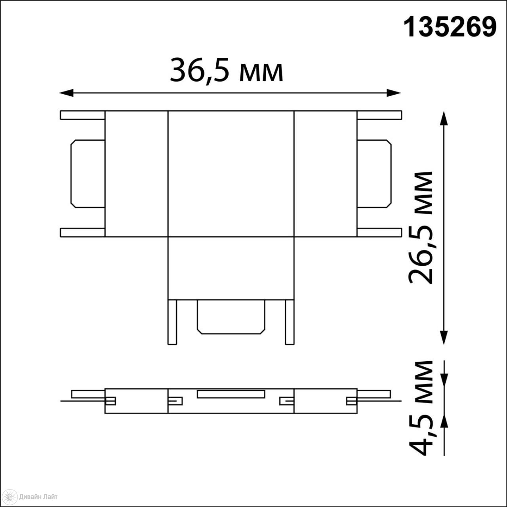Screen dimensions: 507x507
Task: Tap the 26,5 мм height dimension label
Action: click(x=420, y=228)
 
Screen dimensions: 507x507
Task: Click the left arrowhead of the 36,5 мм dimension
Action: click(x=66, y=93)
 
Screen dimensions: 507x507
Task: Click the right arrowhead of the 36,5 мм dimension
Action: click(x=394, y=93)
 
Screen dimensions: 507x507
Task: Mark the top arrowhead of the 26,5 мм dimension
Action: click(x=444, y=118)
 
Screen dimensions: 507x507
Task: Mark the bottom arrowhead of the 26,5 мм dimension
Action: click(x=444, y=337)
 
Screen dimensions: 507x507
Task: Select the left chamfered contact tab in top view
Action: click(x=88, y=173)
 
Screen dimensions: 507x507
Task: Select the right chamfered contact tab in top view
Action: click(x=374, y=173)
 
